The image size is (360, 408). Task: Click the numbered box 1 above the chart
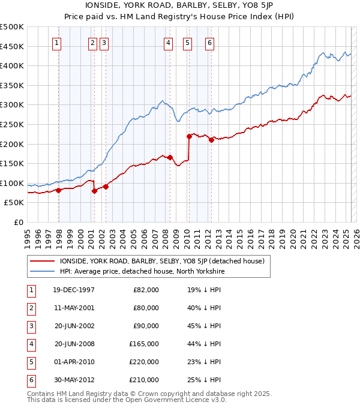(x=56, y=43)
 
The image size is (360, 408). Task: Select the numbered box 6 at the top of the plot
(x=209, y=43)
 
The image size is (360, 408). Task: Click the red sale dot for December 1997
(x=59, y=190)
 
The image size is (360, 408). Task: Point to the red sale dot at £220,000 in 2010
(x=189, y=136)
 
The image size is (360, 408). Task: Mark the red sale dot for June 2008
(x=170, y=158)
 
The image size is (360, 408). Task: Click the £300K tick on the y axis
(x=12, y=105)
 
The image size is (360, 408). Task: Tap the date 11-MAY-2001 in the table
(x=74, y=308)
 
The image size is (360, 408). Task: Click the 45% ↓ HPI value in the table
(x=204, y=326)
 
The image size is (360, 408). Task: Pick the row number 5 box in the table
(x=30, y=362)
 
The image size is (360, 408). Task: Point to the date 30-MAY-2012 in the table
(x=74, y=380)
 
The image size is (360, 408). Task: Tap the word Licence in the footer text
(x=190, y=400)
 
